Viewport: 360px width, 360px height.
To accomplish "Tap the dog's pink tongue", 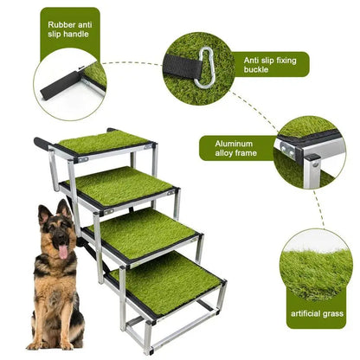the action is [63, 252].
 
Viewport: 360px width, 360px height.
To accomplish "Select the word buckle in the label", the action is [256, 70].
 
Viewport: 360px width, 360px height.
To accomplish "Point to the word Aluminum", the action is [234, 144].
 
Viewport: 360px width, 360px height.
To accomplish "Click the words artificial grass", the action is [317, 313].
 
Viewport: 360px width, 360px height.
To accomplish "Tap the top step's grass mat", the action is [104, 142].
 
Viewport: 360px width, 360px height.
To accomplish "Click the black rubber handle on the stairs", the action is [43, 143].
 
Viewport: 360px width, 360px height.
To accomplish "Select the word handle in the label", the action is [75, 34].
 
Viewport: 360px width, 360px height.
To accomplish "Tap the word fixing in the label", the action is [286, 61].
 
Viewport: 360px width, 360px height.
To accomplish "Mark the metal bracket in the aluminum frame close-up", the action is [286, 151].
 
